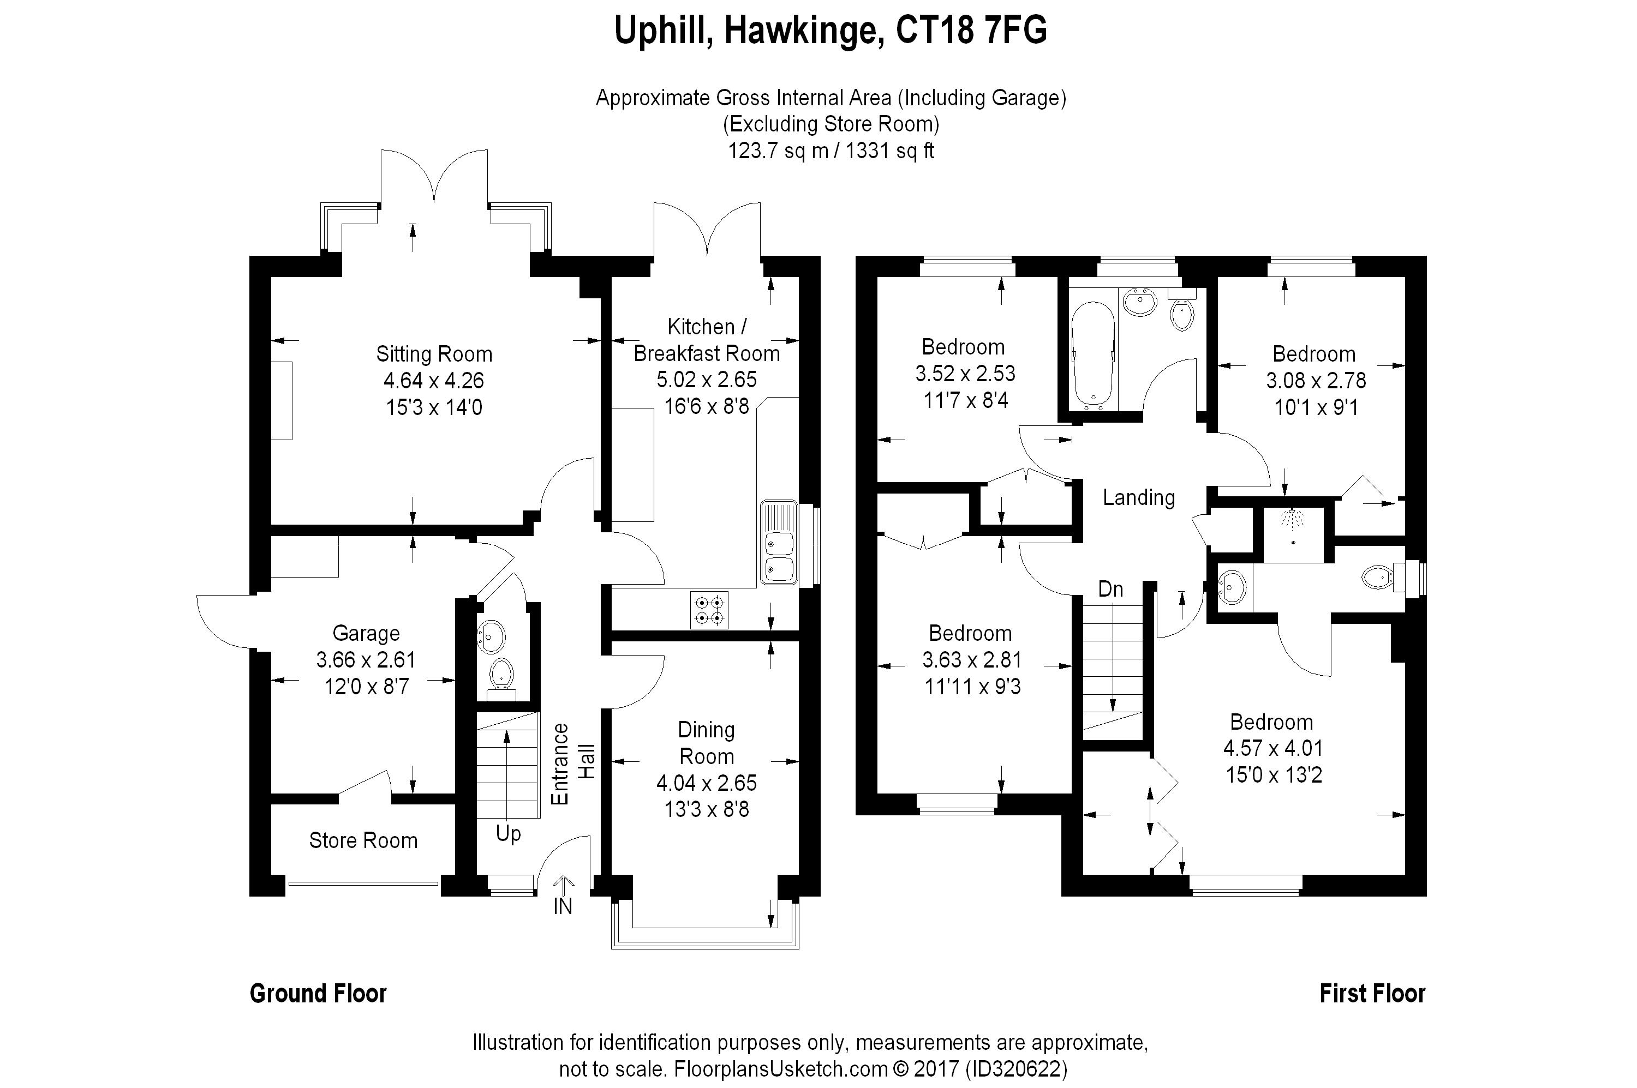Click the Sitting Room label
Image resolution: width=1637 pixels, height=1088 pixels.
coord(434,354)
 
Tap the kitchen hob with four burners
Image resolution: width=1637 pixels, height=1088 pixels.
coord(709,610)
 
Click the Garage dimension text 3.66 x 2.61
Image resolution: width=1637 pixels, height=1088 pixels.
coord(366,660)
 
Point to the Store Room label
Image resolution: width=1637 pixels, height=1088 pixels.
coord(363,840)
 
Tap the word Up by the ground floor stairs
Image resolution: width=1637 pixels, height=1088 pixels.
coord(508,834)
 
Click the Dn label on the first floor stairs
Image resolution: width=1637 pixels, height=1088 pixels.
coord(1111,589)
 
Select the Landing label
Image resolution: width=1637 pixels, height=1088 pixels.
coord(1139,497)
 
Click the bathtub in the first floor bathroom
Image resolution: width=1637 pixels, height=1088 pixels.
coord(1094,357)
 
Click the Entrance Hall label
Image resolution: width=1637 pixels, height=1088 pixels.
coord(573,764)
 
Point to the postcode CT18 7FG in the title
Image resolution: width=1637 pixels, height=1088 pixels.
coord(971,31)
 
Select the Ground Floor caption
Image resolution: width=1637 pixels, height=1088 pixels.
coord(318,994)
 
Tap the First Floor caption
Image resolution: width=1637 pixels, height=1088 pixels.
coord(1372,994)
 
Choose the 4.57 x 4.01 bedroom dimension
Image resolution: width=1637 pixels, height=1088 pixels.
coord(1273,748)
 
